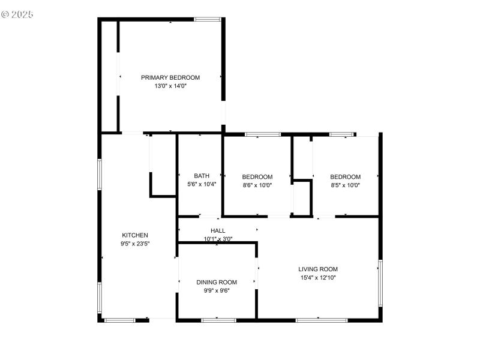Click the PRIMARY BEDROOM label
tap(170, 77)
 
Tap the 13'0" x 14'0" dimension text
tap(170, 86)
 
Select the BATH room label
tap(202, 176)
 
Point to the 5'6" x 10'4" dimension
tap(202, 185)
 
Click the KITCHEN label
tap(135, 235)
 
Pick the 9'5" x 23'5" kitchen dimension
tap(135, 244)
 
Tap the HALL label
tap(218, 230)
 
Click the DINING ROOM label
tap(217, 282)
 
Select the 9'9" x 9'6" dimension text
tap(217, 290)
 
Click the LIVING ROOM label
tap(319, 269)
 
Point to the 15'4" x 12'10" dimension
tap(319, 278)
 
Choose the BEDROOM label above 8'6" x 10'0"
tap(257, 177)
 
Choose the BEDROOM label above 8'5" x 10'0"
tap(346, 177)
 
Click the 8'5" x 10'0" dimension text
tap(346, 185)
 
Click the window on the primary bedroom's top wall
tap(207, 20)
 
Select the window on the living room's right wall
tap(380, 282)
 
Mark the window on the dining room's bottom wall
tap(218, 320)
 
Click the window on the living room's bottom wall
tap(322, 320)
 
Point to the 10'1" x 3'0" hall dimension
tap(218, 239)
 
